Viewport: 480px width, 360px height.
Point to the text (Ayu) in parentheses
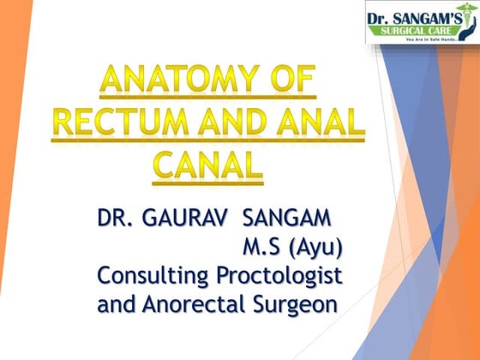tap(316, 249)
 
